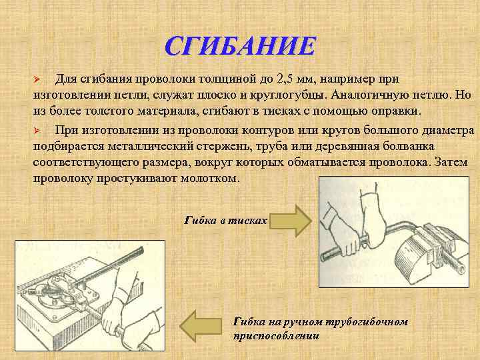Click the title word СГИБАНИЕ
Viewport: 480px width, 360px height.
coord(239,47)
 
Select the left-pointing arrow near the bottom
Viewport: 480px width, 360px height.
coord(203,327)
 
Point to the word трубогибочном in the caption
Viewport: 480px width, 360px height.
coord(366,322)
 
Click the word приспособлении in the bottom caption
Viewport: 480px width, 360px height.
coord(276,336)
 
